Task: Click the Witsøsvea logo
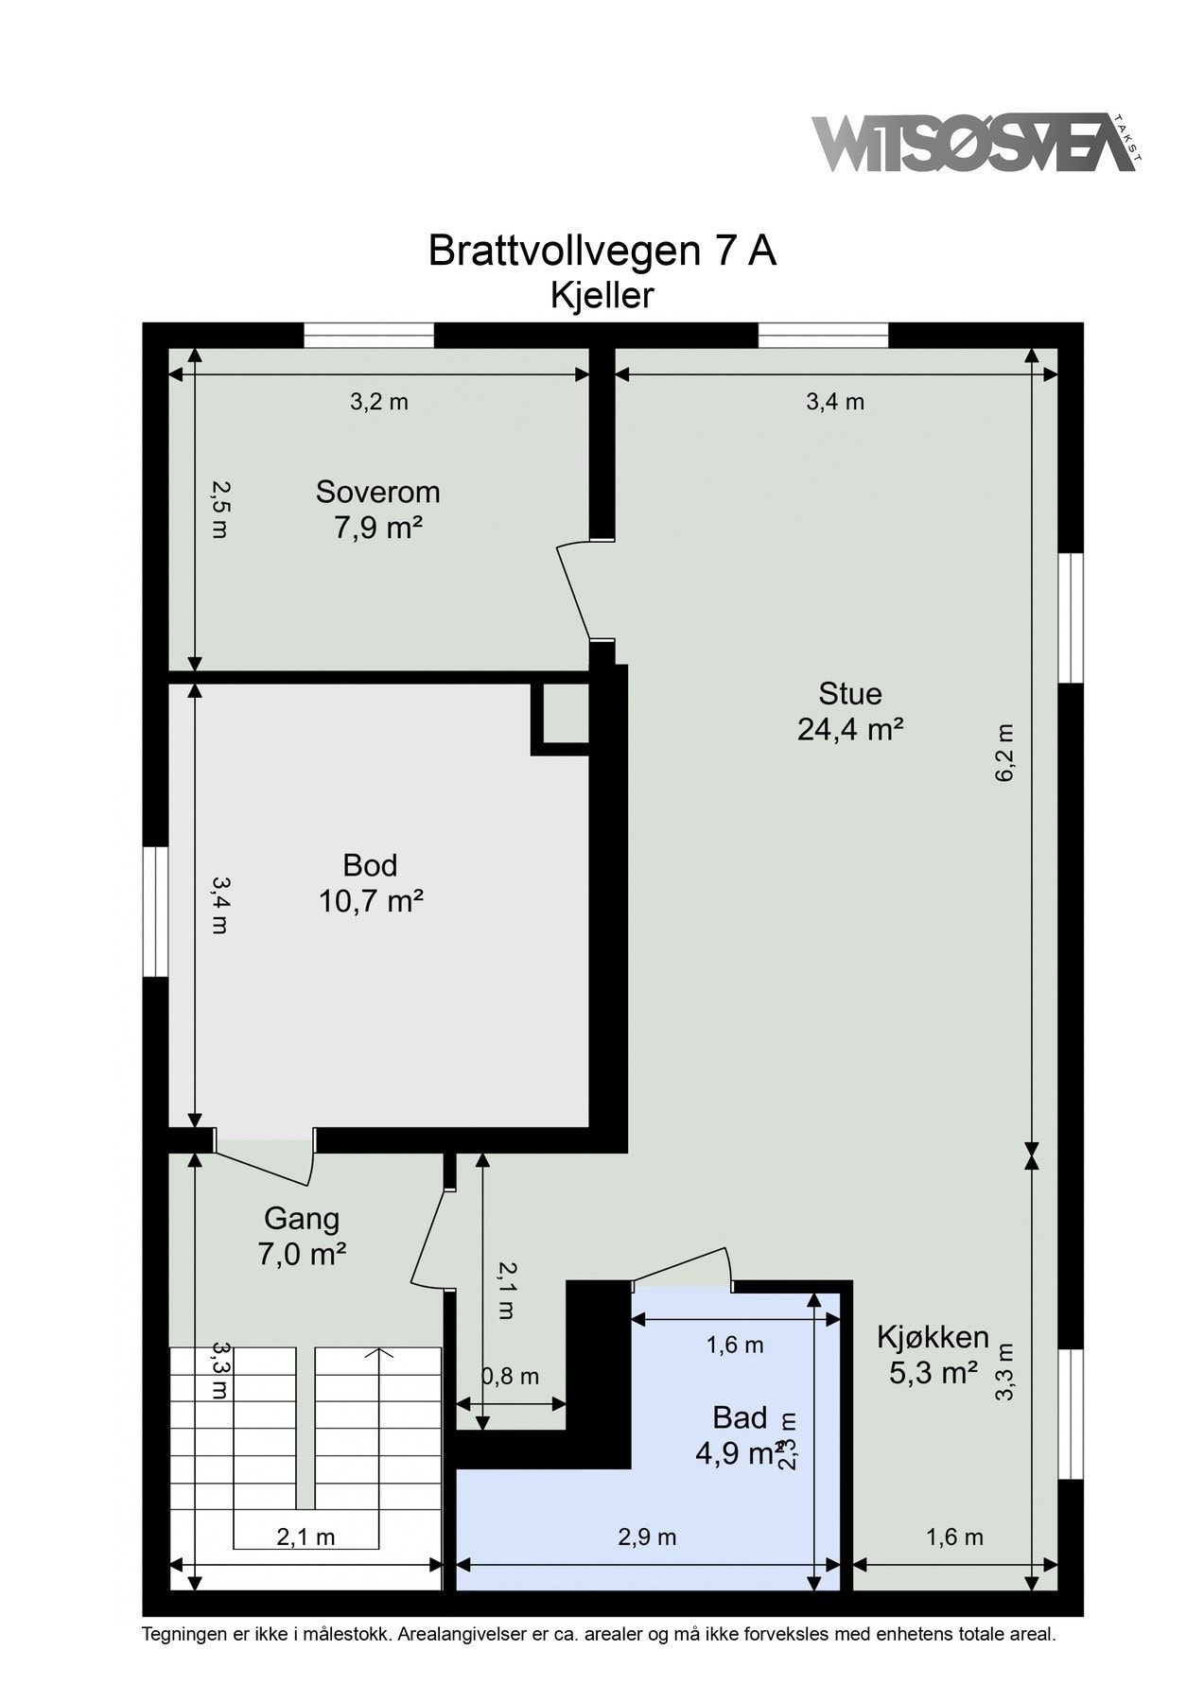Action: pyautogui.click(x=973, y=144)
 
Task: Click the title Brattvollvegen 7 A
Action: pyautogui.click(x=602, y=252)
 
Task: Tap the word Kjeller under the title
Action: pyautogui.click(x=602, y=296)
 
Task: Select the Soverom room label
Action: pyautogui.click(x=377, y=492)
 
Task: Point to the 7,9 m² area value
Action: pyautogui.click(x=377, y=528)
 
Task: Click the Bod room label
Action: pyautogui.click(x=370, y=864)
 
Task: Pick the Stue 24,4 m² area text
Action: pyautogui.click(x=850, y=729)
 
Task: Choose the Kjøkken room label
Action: pyautogui.click(x=933, y=1336)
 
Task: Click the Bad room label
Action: pyautogui.click(x=740, y=1416)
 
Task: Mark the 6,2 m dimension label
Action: pyautogui.click(x=1004, y=752)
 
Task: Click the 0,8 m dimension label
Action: pyautogui.click(x=512, y=1377)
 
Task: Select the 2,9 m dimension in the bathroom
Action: pyautogui.click(x=647, y=1537)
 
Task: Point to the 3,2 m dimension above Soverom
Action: pyautogui.click(x=378, y=402)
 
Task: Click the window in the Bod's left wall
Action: pyautogui.click(x=155, y=911)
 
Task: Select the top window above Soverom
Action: pyautogui.click(x=369, y=336)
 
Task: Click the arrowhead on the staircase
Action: pyautogui.click(x=379, y=1353)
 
